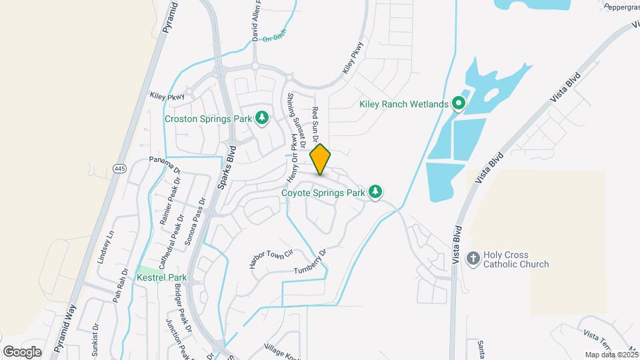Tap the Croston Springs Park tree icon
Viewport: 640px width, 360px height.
[x=263, y=119]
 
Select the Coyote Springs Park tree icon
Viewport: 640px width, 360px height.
[x=375, y=193]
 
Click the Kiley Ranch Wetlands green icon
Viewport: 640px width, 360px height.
[x=458, y=104]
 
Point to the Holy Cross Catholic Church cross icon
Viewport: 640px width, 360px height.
[x=473, y=259]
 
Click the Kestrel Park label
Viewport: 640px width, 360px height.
[x=161, y=277]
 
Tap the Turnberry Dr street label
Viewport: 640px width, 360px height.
[x=312, y=261]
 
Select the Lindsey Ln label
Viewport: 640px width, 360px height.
[x=106, y=247]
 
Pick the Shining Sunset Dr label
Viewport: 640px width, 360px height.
[x=295, y=120]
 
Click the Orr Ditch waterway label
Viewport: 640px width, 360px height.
[x=273, y=39]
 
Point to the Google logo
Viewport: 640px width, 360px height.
[x=22, y=351]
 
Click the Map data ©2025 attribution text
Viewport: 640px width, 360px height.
[x=611, y=355]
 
